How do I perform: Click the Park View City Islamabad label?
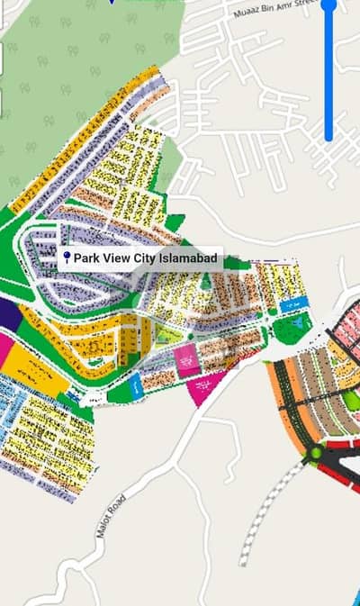[x=141, y=258]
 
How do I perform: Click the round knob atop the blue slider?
[x=328, y=5]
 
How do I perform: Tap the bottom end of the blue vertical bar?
[x=328, y=137]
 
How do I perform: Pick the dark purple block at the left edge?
[x=8, y=314]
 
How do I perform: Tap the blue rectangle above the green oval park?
[x=292, y=304]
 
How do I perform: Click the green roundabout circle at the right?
[x=316, y=455]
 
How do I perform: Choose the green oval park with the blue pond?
[x=292, y=329]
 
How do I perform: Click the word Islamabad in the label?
[x=188, y=258]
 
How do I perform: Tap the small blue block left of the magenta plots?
[x=136, y=385]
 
